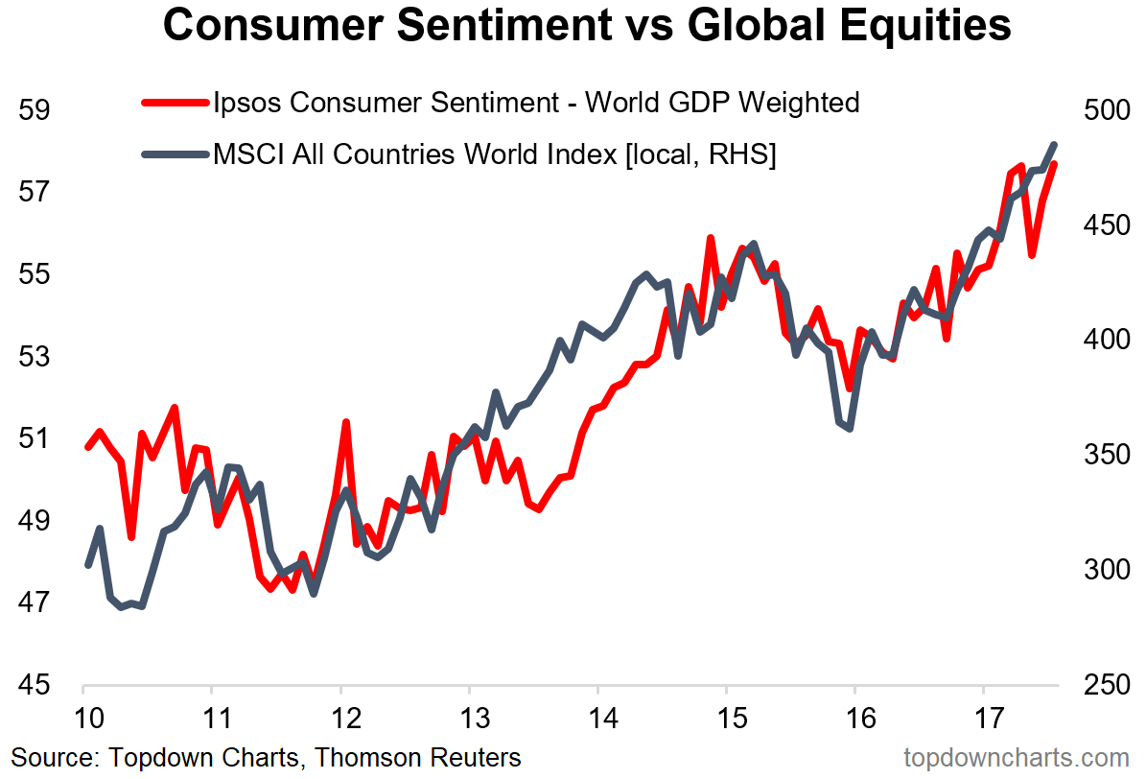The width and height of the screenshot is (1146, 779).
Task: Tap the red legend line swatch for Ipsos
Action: pyautogui.click(x=174, y=102)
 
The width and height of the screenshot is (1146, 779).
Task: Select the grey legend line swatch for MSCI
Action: pyautogui.click(x=174, y=153)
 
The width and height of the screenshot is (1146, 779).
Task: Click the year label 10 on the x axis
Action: pyautogui.click(x=83, y=719)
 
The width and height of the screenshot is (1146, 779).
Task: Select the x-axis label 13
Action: pyautogui.click(x=469, y=719)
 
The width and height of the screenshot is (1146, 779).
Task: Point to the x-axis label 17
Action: pyautogui.click(x=983, y=719)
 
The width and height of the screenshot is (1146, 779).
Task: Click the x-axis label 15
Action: pyautogui.click(x=726, y=719)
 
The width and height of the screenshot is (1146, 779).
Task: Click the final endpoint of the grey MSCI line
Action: pyautogui.click(x=1055, y=145)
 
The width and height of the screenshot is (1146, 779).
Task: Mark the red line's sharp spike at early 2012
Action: pyautogui.click(x=345, y=422)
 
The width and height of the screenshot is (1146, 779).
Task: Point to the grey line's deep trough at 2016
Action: pyautogui.click(x=850, y=428)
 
